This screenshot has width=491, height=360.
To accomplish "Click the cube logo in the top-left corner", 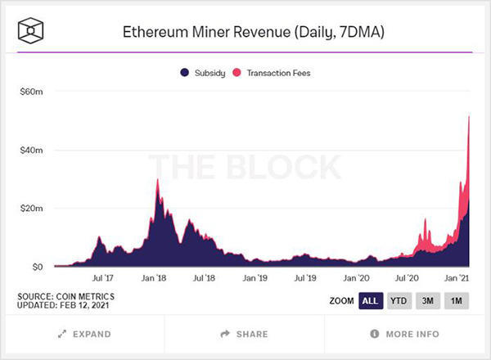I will click(30, 33).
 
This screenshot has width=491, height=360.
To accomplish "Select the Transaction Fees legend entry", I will click(270, 73).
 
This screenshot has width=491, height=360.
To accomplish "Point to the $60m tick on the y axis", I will click(31, 92).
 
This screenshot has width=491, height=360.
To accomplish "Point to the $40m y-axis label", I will click(31, 151).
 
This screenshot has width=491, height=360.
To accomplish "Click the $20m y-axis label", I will click(31, 209).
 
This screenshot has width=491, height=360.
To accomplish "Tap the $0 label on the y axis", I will click(36, 267).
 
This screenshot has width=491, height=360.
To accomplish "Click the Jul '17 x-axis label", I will click(102, 279).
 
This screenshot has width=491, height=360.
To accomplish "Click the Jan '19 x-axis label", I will click(255, 279).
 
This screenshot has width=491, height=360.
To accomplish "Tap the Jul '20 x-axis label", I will click(408, 279).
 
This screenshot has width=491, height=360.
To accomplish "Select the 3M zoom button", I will click(428, 300).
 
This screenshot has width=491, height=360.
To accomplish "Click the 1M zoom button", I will click(457, 300).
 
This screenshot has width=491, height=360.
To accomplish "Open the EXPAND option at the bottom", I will click(84, 334).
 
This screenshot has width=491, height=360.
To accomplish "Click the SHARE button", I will click(244, 334).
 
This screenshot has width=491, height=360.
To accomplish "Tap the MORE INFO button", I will click(404, 334).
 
